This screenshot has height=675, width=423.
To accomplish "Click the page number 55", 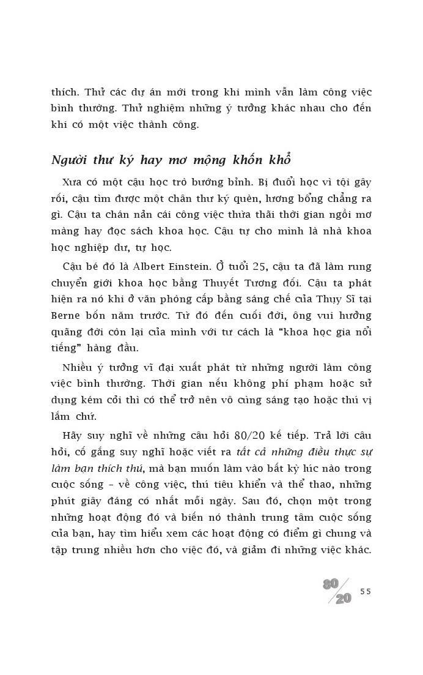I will click(366, 591).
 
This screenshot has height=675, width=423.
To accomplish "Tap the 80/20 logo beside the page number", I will click(338, 591).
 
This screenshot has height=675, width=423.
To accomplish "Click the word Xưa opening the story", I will click(72, 182).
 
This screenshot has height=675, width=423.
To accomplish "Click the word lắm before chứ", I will click(63, 416).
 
